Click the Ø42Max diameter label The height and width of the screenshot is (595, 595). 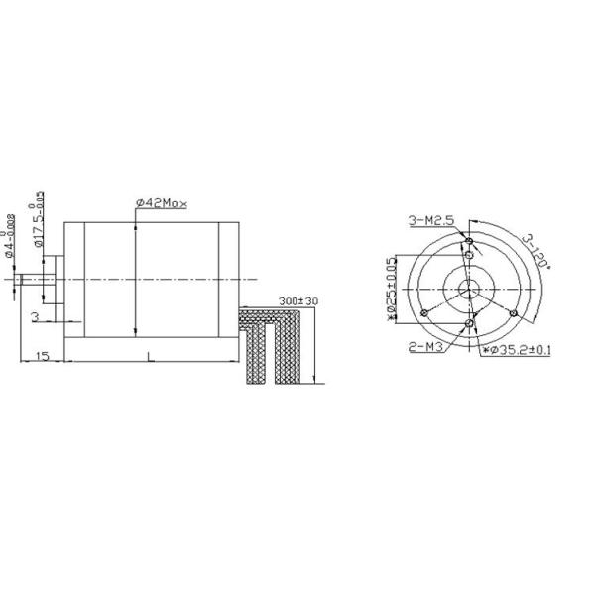[162, 202]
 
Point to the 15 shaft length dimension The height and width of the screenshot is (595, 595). [43, 354]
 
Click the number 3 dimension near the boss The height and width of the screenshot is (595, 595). [36, 316]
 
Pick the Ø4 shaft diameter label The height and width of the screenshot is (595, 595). [10, 237]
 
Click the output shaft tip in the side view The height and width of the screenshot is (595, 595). [24, 280]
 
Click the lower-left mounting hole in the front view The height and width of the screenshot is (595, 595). [423, 313]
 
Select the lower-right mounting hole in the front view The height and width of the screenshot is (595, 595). [513, 313]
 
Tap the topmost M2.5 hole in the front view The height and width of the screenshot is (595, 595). [469, 239]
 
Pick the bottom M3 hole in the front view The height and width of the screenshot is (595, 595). [469, 324]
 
